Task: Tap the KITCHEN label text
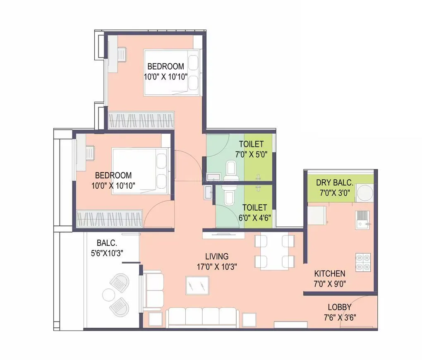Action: coord(329,274)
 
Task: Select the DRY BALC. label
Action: coord(334,182)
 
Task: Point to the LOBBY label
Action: coord(339,307)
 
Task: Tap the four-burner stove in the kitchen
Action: coord(363,262)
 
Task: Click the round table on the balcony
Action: coord(109,295)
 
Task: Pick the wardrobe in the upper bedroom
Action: coord(141,120)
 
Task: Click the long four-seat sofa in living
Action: coord(202,317)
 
